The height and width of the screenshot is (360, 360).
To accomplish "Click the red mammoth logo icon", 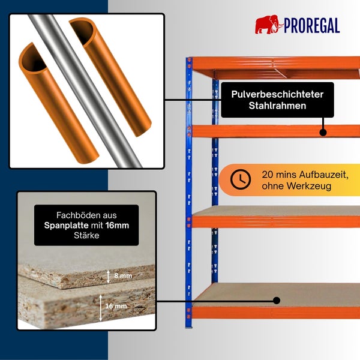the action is pos(269,25).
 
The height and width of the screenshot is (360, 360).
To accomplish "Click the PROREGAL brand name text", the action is pos(312,25).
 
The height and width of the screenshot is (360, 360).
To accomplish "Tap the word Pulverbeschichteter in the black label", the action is pos(277,94).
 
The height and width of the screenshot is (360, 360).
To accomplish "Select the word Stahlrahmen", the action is pos(277,106).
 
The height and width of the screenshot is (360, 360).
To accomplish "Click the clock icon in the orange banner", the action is pos(241,179).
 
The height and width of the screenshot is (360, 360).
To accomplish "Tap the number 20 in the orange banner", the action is pos(268,175).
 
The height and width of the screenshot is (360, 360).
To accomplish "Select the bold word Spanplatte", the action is pos(67,226).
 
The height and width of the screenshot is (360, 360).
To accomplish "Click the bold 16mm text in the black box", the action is pos(118,225).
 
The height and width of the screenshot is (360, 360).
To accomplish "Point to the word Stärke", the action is pos(86,235).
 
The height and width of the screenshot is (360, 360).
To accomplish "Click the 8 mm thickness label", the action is pos(123,275).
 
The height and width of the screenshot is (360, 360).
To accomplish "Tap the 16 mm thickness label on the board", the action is pos(116,306).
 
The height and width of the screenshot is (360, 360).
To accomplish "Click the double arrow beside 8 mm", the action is pos(109,277).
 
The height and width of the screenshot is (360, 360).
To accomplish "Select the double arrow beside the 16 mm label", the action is pos(101,308).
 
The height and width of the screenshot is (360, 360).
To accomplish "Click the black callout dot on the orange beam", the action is pos(323,133).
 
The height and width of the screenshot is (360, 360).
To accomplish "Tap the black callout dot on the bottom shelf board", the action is pos(277,301).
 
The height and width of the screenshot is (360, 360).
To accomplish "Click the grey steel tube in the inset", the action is pos(85,91).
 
